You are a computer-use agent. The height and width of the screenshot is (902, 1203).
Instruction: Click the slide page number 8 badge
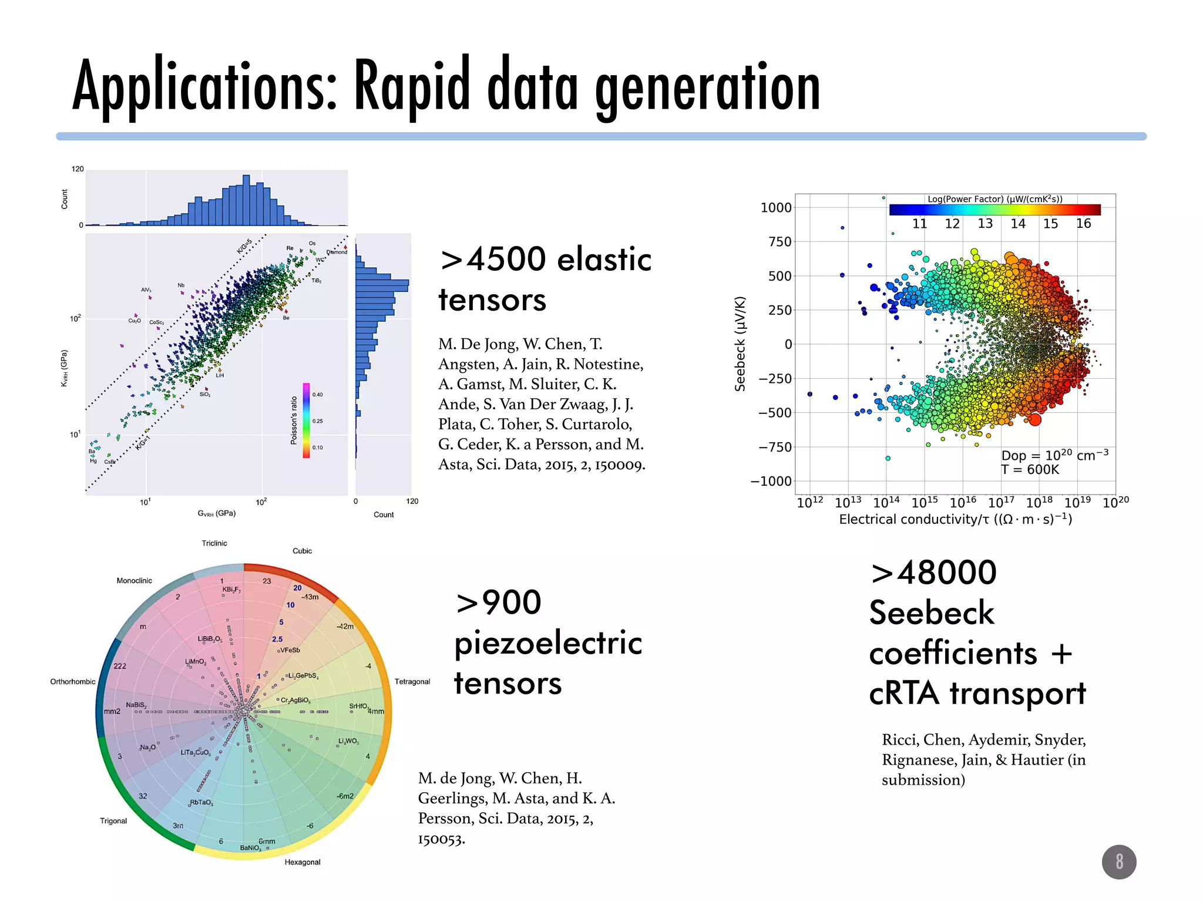tap(1118, 861)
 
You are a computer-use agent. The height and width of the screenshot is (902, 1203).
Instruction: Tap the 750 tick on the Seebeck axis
tap(779, 242)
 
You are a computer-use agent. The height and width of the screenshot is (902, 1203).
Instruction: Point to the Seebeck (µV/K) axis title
tap(740, 344)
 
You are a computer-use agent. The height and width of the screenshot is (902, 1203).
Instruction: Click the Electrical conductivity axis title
tap(955, 519)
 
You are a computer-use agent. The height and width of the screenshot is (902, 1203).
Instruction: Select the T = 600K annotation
tap(1030, 470)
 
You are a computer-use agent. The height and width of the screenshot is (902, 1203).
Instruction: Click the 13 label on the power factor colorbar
tap(985, 224)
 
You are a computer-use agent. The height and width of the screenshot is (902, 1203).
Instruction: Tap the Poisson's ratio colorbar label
tap(294, 420)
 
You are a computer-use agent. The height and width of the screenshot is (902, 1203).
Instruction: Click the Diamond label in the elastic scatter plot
tap(337, 253)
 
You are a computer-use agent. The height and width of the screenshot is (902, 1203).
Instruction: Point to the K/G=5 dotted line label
tap(244, 246)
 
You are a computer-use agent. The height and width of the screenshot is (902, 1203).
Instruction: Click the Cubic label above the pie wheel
tap(302, 551)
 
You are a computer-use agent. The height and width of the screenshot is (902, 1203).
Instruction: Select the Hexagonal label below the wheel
tap(303, 862)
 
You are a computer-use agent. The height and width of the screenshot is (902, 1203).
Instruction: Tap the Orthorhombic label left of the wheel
tap(73, 682)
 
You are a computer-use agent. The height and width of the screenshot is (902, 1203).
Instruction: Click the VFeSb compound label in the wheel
tap(290, 650)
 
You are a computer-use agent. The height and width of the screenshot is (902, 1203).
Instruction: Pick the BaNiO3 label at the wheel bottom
tap(251, 848)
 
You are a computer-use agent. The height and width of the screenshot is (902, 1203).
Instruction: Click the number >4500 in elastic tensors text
tap(493, 260)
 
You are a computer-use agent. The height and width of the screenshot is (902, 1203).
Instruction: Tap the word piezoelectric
tap(547, 643)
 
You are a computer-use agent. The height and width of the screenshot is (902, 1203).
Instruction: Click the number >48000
tap(933, 573)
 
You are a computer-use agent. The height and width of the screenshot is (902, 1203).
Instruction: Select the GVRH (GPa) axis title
tap(217, 513)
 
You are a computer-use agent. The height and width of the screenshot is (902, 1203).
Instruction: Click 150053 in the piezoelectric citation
tap(441, 839)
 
